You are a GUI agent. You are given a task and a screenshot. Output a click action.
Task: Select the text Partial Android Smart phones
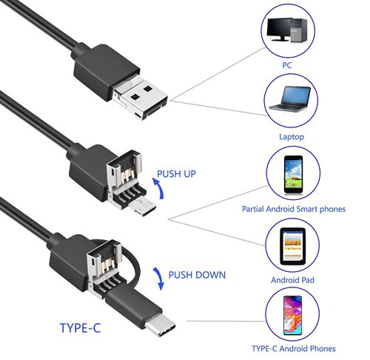tap(294, 209)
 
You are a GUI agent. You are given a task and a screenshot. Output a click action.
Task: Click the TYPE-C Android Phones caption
tap(294, 348)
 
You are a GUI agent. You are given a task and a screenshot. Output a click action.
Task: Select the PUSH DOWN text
tap(196, 275)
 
